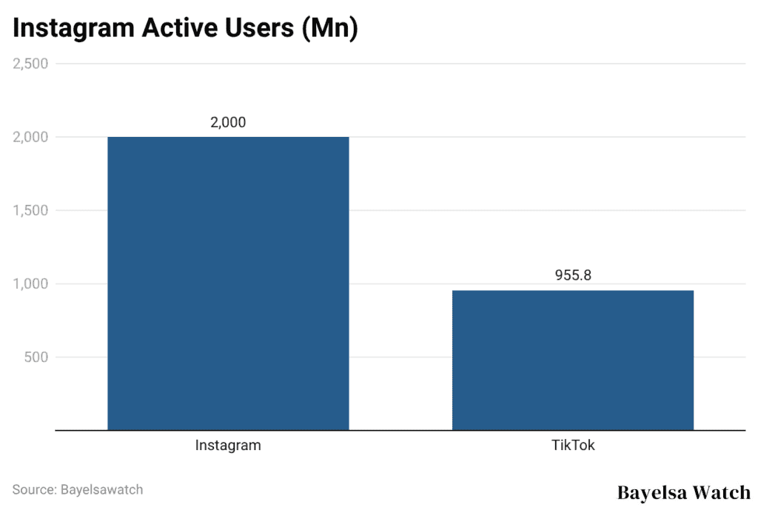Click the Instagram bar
point(228,283)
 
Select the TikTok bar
point(572,360)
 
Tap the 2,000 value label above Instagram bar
point(228,123)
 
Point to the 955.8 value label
point(573,275)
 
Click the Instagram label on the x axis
point(228,446)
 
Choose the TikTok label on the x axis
point(573,446)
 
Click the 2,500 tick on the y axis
point(30,64)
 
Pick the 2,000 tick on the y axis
point(30,137)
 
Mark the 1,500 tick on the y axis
point(30,210)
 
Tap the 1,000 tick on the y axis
point(30,283)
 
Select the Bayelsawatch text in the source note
point(103,489)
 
